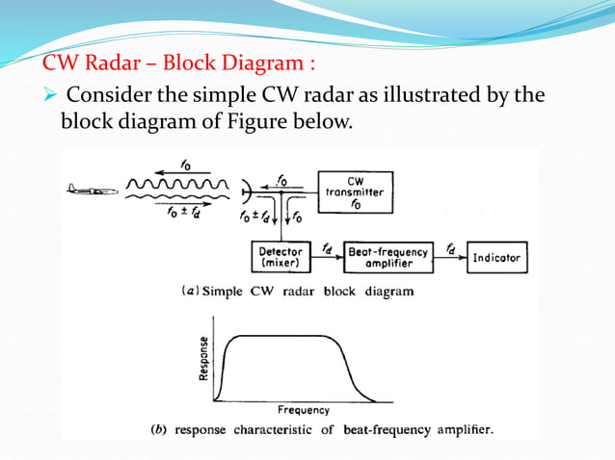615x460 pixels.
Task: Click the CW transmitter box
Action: pos(354,192)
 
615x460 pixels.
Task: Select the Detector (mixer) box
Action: pos(281,257)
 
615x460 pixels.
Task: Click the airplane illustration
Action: pos(93,190)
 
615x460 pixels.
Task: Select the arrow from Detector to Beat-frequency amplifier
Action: pos(329,258)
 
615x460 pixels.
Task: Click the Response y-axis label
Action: pos(204,358)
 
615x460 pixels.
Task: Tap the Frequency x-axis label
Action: pos(304,411)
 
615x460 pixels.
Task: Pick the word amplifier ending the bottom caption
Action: pos(465,430)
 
